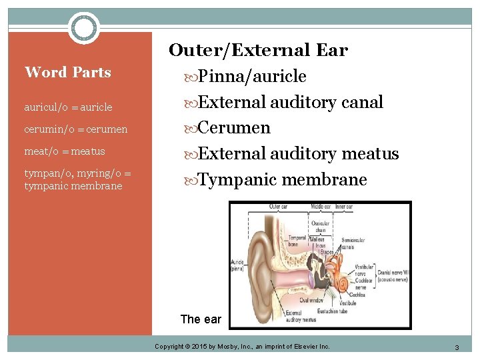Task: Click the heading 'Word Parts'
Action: [67, 72]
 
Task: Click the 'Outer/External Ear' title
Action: [258, 50]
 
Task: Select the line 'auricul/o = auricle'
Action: [68, 107]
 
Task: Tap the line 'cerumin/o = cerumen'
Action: [75, 129]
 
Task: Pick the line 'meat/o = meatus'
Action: [65, 151]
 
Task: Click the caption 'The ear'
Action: [201, 319]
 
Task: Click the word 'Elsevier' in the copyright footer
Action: [303, 347]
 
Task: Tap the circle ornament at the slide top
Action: [84, 28]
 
